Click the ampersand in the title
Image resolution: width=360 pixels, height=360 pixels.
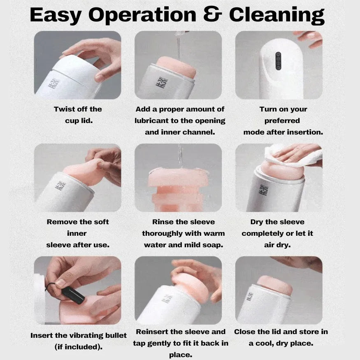click(213, 14)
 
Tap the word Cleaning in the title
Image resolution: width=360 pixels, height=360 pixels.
click(277, 15)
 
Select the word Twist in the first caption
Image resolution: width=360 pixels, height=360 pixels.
click(63, 109)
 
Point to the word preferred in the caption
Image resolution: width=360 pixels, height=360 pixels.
click(282, 121)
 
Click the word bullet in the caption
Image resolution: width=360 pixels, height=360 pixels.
click(116, 335)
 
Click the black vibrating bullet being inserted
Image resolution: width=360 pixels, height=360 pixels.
click(73, 295)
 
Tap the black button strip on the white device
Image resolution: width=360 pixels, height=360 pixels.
click(278, 61)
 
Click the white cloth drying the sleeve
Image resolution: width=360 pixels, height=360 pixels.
click(294, 155)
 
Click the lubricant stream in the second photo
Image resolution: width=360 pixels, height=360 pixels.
click(179, 46)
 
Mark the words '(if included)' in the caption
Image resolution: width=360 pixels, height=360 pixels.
click(79, 347)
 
